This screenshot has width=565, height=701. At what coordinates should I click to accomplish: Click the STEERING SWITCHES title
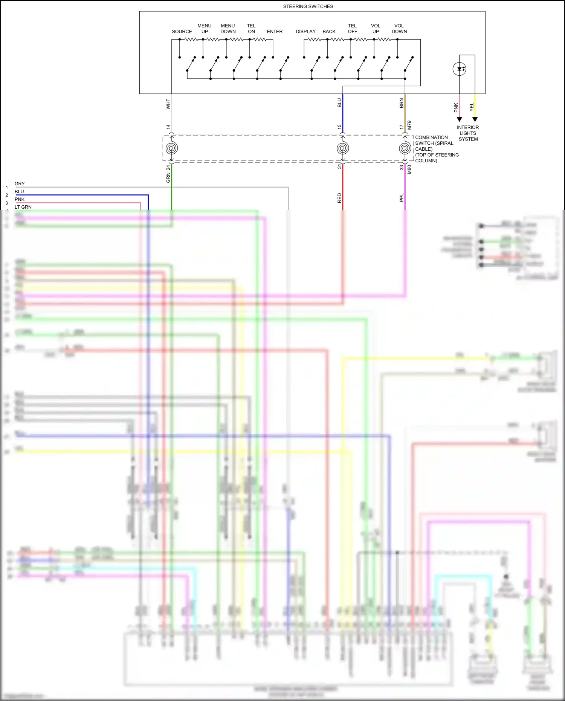[x=308, y=6]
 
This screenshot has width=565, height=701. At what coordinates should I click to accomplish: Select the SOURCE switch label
[x=182, y=32]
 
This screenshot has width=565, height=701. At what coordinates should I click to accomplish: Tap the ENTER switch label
[x=274, y=32]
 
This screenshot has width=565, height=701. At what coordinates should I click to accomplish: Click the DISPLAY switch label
[x=305, y=32]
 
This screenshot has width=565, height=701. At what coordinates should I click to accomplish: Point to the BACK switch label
[x=329, y=32]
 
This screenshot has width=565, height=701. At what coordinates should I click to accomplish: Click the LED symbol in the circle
[x=460, y=69]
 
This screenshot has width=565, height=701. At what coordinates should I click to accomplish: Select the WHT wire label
[x=168, y=104]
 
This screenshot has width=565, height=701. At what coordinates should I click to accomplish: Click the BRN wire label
[x=402, y=103]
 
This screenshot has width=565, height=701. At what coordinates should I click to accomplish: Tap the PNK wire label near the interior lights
[x=456, y=108]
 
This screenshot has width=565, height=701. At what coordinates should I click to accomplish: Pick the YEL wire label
[x=471, y=107]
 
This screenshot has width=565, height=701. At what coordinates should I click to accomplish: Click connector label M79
[x=409, y=125]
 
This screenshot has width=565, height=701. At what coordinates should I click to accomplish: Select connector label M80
[x=409, y=170]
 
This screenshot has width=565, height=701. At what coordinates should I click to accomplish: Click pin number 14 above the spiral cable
[x=168, y=127]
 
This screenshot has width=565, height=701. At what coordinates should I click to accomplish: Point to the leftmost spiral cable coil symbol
[x=172, y=148]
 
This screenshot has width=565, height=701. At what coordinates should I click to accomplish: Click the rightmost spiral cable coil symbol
[x=405, y=148]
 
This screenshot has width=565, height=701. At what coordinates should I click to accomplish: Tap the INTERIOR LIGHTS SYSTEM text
[x=468, y=133]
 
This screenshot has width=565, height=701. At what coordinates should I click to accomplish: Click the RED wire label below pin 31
[x=339, y=198]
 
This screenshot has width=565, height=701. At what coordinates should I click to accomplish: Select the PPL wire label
[x=402, y=198]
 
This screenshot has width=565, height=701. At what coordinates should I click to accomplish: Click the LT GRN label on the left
[x=23, y=207]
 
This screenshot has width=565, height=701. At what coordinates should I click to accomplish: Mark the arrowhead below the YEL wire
[x=475, y=119]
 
